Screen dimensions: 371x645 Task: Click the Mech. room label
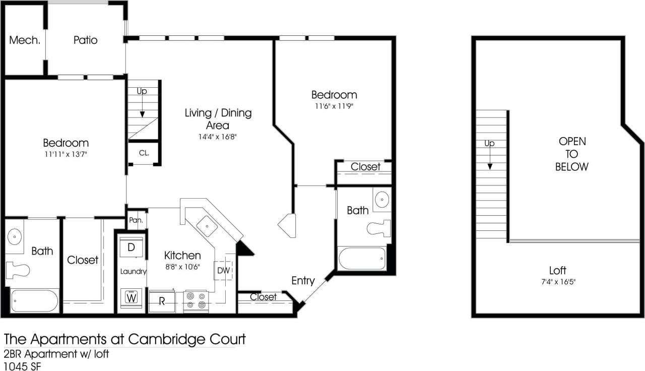click(x=25, y=40)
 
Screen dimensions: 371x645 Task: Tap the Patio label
click(x=85, y=40)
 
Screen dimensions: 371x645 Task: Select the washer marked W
click(x=132, y=297)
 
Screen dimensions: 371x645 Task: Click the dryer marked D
click(x=131, y=248)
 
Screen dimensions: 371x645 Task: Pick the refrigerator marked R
click(x=162, y=301)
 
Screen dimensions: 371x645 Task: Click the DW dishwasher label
click(x=224, y=271)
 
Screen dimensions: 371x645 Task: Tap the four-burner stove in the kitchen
click(x=196, y=300)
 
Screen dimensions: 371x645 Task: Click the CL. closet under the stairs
click(x=144, y=153)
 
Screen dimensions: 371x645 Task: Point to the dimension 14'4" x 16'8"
click(x=218, y=137)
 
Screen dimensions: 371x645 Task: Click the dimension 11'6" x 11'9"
click(x=334, y=106)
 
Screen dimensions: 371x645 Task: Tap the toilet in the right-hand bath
click(x=379, y=227)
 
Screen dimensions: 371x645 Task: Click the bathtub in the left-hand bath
click(x=35, y=301)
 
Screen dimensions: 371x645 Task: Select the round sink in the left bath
click(x=16, y=235)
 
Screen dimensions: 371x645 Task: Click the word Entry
click(x=303, y=281)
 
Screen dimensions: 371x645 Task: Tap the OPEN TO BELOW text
click(x=571, y=154)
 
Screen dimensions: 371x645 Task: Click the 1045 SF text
click(x=22, y=365)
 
